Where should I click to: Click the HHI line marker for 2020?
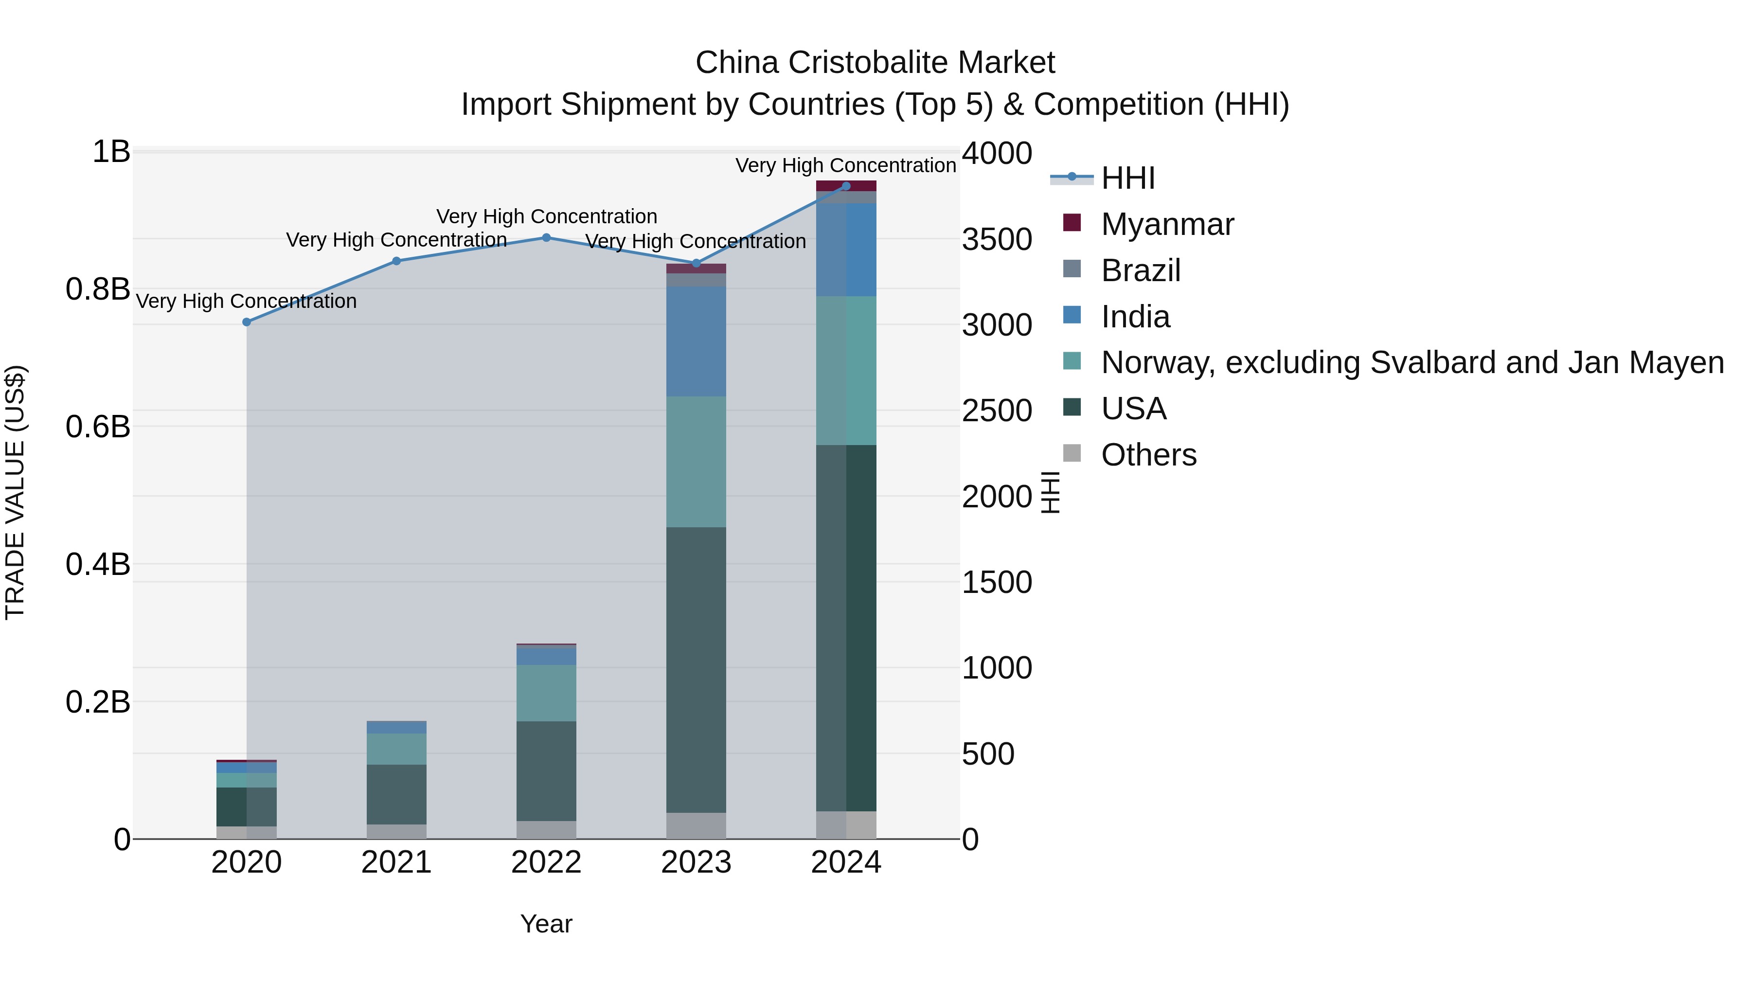click(x=247, y=322)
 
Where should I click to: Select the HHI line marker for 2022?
click(x=547, y=238)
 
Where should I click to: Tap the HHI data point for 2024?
click(x=846, y=186)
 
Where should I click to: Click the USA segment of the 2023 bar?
click(x=696, y=670)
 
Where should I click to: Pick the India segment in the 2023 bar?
click(x=696, y=341)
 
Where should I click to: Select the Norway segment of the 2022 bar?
click(x=547, y=693)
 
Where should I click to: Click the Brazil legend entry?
click(x=1140, y=270)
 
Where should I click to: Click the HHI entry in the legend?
click(x=1127, y=178)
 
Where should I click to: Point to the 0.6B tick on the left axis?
click(x=98, y=427)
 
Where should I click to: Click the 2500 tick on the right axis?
click(x=997, y=411)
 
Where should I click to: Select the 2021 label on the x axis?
click(x=396, y=862)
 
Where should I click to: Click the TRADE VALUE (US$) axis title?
click(x=15, y=492)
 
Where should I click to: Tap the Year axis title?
click(x=547, y=924)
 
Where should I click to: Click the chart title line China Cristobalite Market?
click(x=875, y=63)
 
